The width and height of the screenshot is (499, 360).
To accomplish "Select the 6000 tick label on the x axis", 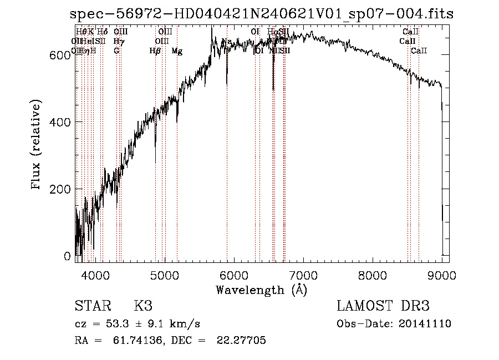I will tap(234, 275).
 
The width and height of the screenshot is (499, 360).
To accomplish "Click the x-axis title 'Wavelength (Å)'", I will tap(261, 290).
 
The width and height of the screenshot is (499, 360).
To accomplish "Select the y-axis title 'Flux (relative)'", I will tap(37, 145).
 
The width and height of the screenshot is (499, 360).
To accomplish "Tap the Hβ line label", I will tap(155, 51).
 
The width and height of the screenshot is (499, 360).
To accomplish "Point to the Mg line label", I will tap(177, 51).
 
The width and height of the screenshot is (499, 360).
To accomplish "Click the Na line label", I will tap(226, 42).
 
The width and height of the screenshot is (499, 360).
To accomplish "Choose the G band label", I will tap(116, 50).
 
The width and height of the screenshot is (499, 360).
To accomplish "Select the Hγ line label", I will tap(118, 41).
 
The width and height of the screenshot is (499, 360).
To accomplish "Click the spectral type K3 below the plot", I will tap(143, 306).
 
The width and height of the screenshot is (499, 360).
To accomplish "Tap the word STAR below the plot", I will tap(91, 306).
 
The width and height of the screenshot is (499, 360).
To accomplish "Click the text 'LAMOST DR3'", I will tap(383, 306).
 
